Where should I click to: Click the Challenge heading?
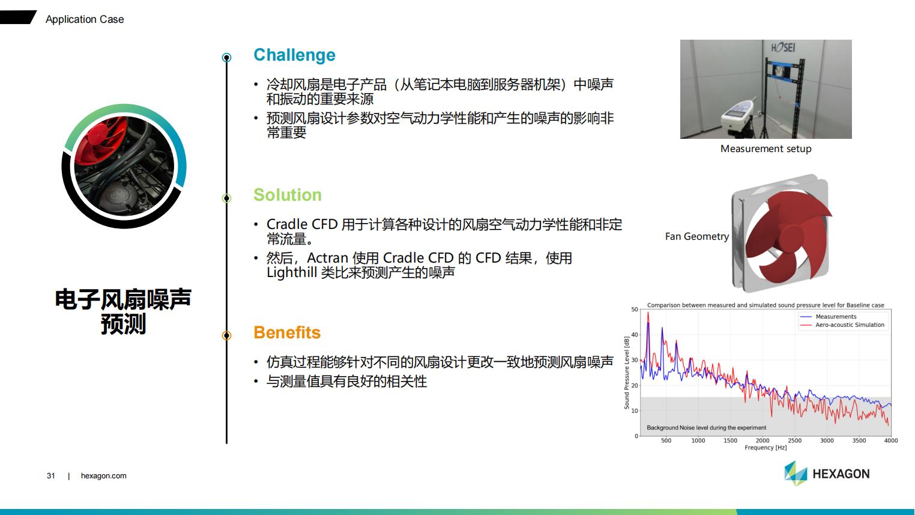(x=294, y=55)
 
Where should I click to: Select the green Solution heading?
(x=287, y=195)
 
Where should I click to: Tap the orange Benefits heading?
(x=287, y=332)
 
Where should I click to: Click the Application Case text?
(x=85, y=19)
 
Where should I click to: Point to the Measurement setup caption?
(x=766, y=149)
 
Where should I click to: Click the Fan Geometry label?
(x=697, y=236)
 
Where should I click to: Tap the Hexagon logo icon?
(x=796, y=474)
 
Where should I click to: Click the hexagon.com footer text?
(x=103, y=476)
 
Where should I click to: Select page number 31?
(x=50, y=476)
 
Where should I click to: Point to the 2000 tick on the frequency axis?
(x=762, y=440)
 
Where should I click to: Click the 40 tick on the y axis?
(x=635, y=335)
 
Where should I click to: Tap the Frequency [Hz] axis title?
(x=766, y=448)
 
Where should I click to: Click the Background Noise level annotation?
(x=706, y=427)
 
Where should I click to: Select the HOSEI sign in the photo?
(x=783, y=48)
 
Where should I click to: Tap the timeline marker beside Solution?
(x=227, y=198)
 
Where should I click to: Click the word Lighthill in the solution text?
(x=292, y=273)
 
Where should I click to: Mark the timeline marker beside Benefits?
(x=227, y=335)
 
